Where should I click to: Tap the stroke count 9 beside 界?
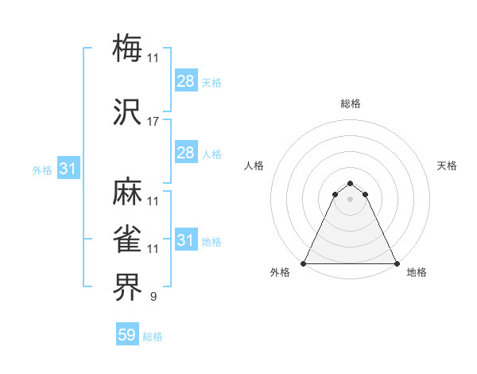[x=153, y=297]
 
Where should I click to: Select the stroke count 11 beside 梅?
[x=153, y=57]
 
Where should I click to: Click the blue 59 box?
[x=127, y=336]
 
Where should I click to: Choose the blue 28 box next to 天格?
[x=186, y=81]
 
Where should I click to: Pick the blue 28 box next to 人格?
[x=186, y=153]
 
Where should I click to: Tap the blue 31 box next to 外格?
[x=68, y=169]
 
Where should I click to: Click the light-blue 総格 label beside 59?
[x=153, y=337]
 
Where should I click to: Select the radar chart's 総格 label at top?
[x=350, y=104]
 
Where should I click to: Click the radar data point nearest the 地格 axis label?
[x=396, y=263]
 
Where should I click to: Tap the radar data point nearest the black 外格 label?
[x=304, y=263]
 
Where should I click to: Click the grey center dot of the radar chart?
[x=350, y=198]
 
